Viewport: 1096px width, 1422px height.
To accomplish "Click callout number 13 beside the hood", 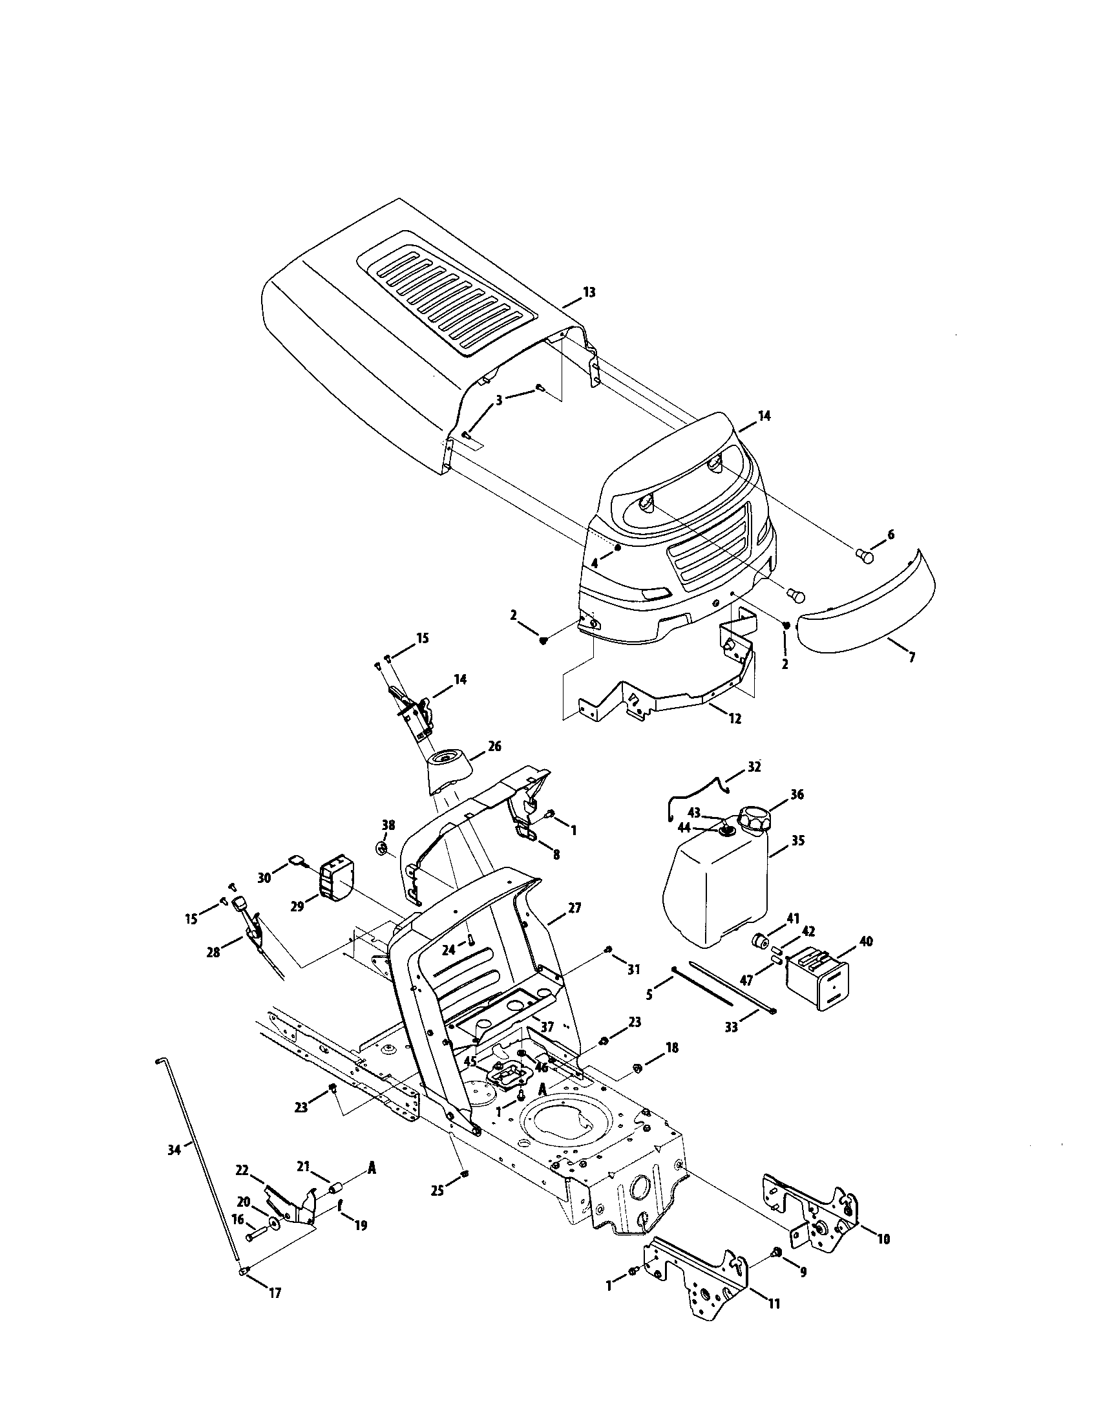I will tap(588, 293).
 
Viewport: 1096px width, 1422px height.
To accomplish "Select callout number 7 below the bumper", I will tap(911, 658).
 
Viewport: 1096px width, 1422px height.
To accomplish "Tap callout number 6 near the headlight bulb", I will tap(890, 535).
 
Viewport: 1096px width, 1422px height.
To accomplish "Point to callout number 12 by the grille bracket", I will tap(735, 719).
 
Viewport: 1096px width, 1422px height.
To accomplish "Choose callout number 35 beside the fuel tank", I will tap(797, 840).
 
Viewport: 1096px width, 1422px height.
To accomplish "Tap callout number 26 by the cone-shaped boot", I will tap(494, 746).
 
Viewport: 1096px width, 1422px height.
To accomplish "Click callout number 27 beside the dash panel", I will tap(574, 907).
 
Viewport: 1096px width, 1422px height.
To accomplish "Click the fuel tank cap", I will tap(753, 819).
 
